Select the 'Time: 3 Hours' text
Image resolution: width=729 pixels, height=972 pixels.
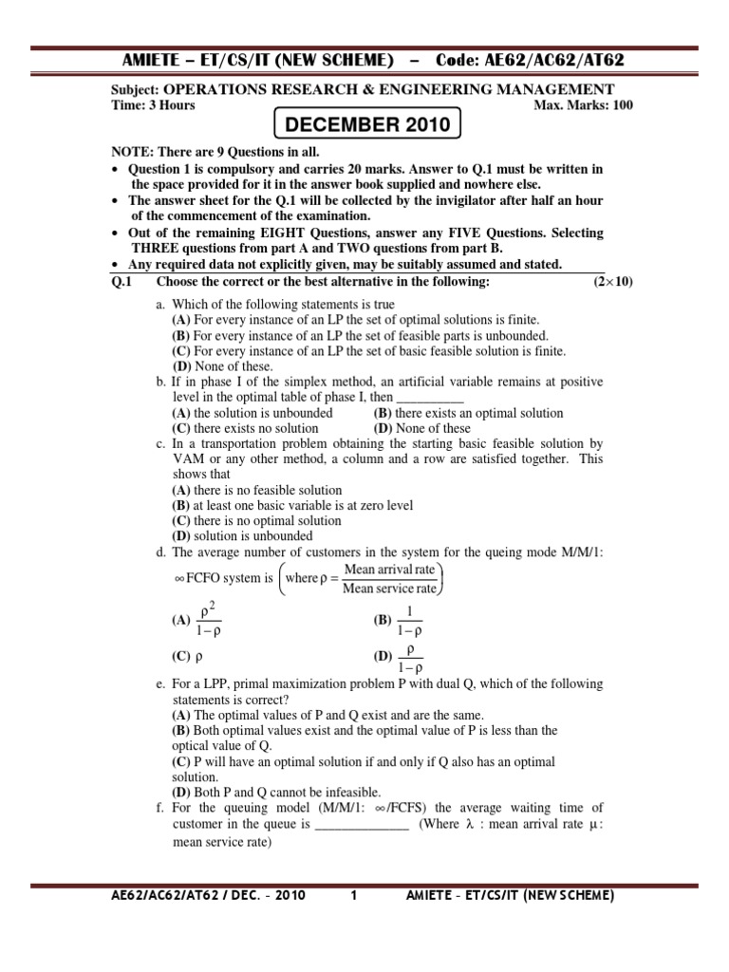[x=154, y=105]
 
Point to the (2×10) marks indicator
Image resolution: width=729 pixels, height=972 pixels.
[x=613, y=283]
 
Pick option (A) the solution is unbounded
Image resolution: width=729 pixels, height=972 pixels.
[x=252, y=413]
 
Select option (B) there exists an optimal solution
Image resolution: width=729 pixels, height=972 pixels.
[x=468, y=413]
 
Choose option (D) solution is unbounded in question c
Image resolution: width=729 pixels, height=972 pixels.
[x=242, y=536]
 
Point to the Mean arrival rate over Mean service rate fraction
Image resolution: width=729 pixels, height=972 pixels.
[x=389, y=578]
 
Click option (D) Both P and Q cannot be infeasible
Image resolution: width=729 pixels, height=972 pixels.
[x=276, y=792]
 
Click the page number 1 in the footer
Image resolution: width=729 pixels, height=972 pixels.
[x=353, y=895]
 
